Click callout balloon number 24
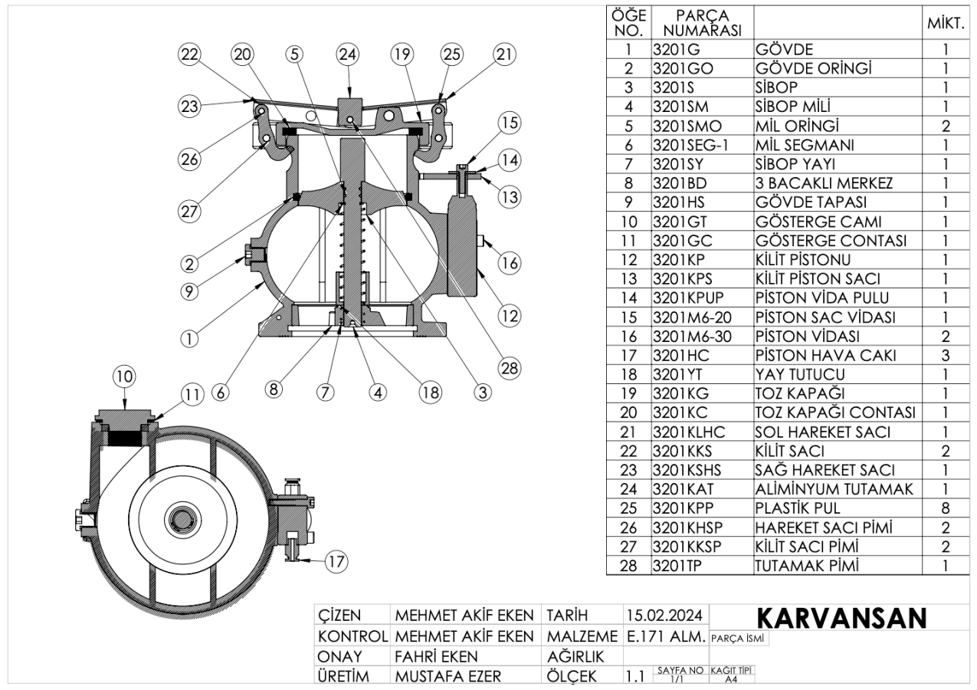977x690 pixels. point(348,54)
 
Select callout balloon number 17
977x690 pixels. point(335,562)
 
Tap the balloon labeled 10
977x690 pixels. point(123,376)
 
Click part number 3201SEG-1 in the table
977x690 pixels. point(684,145)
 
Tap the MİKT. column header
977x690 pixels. point(945,25)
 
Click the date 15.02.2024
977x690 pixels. point(665,616)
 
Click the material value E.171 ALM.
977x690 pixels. point(666,637)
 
